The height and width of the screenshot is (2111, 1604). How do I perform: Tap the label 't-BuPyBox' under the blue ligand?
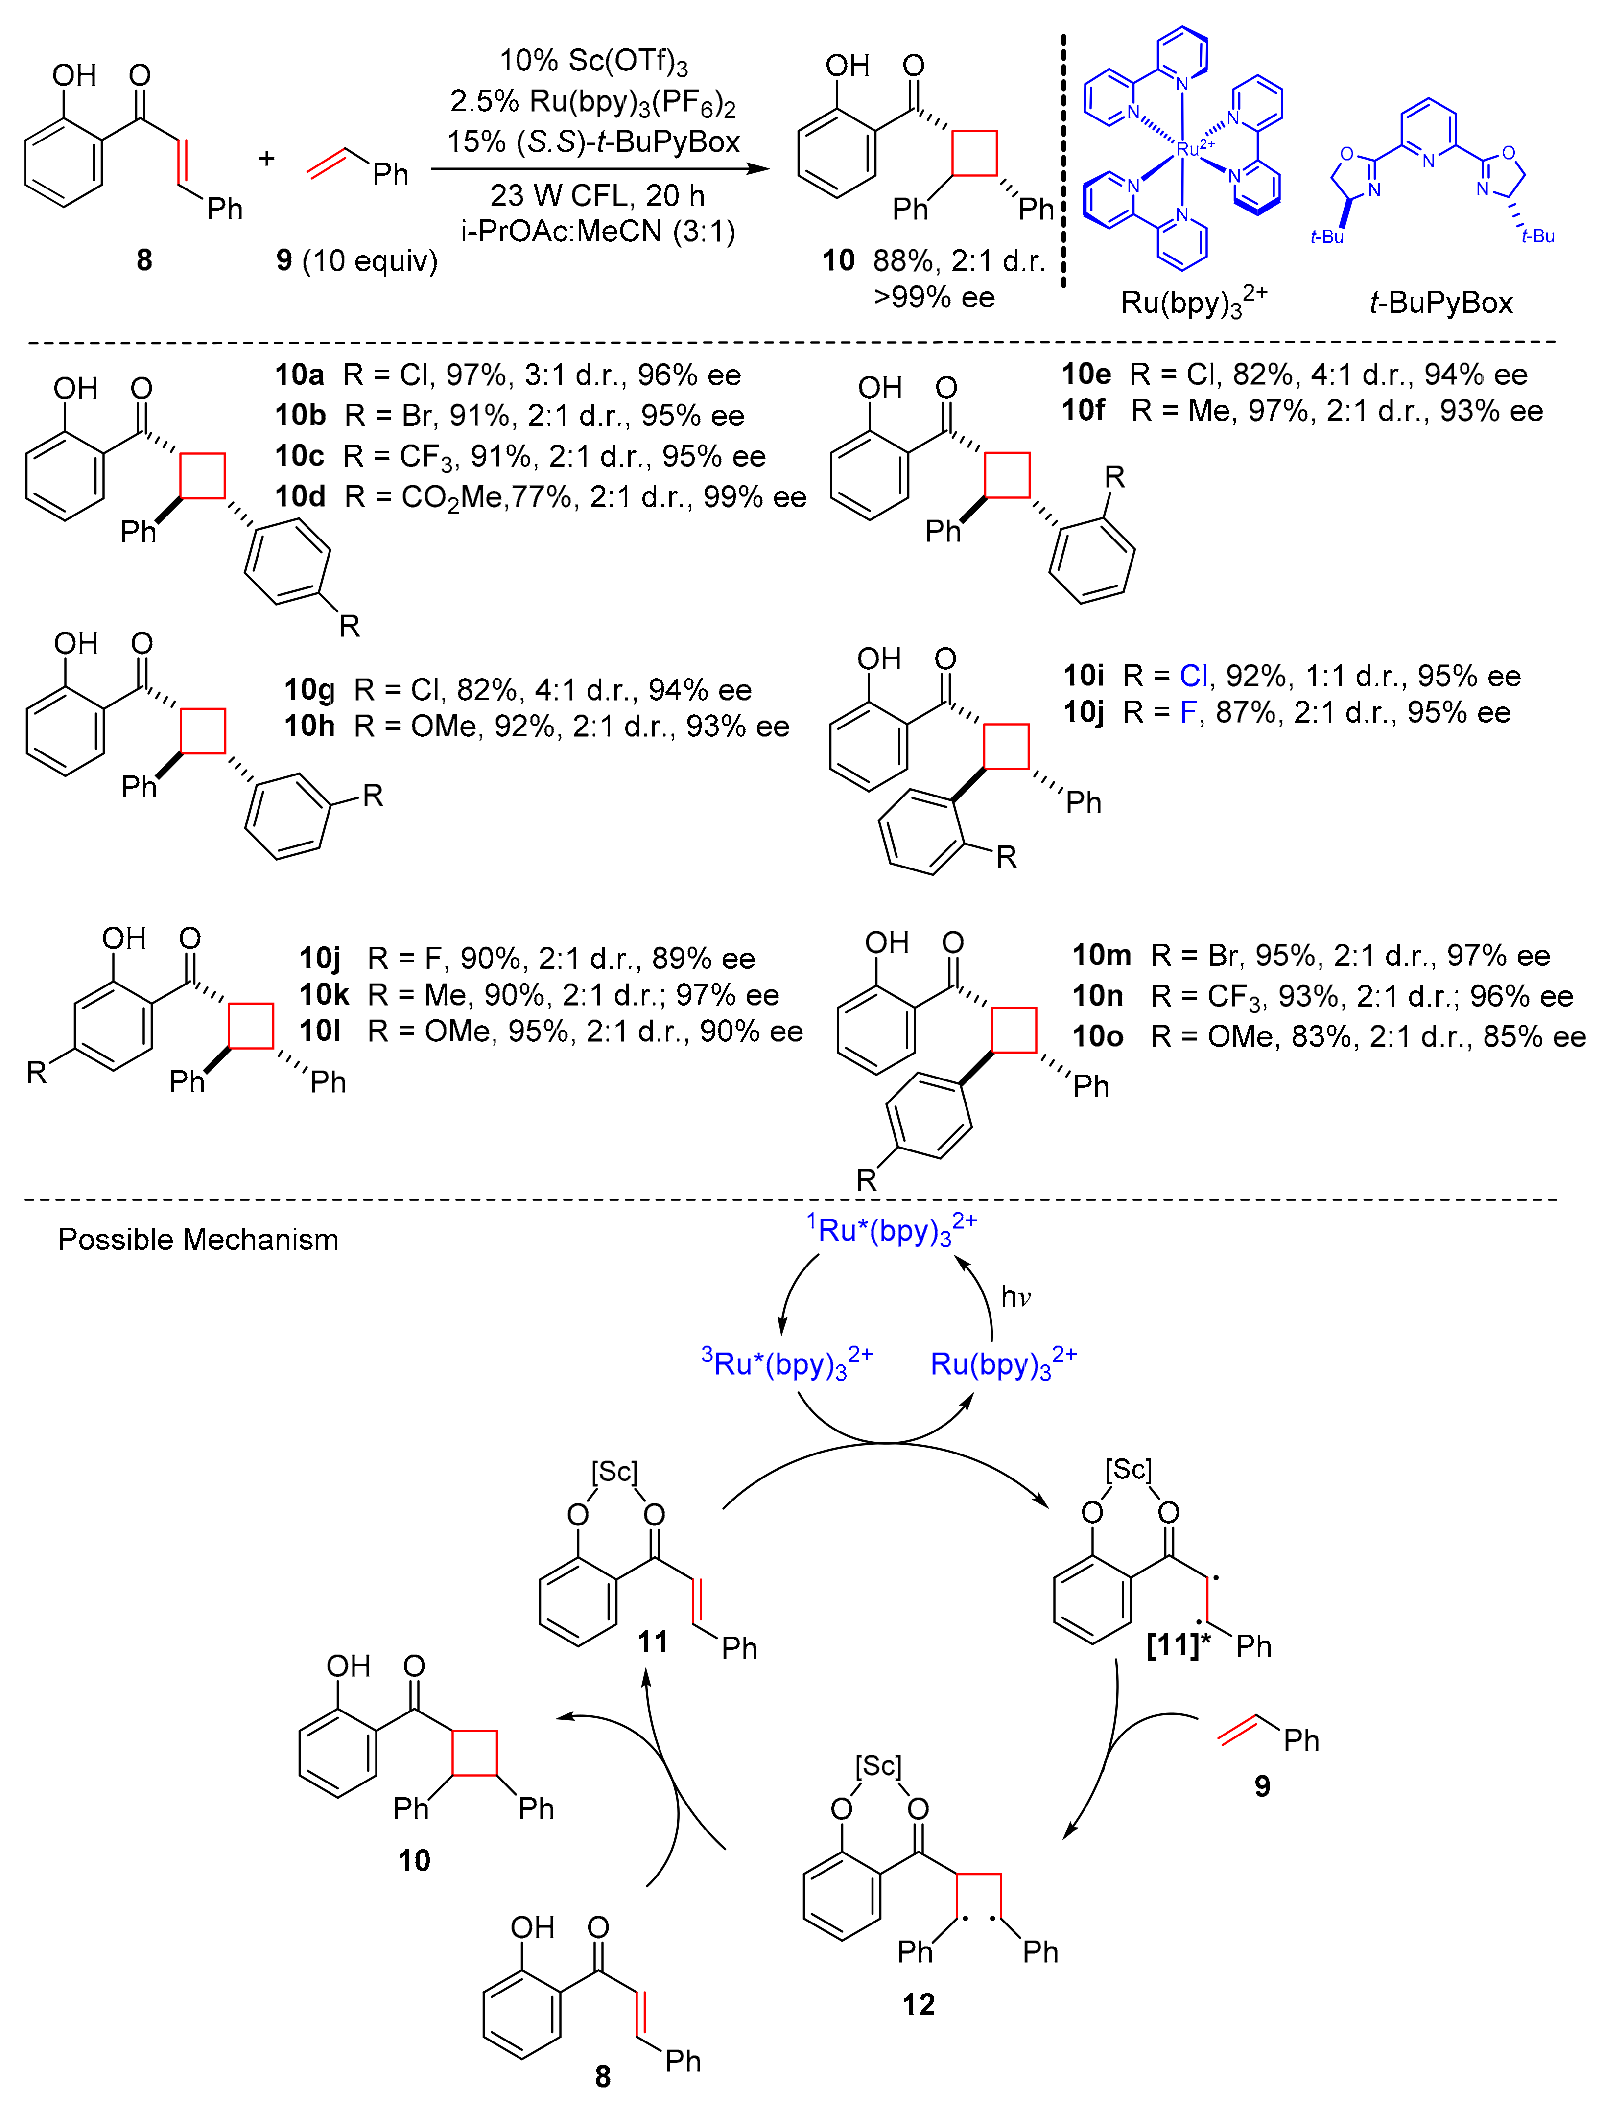pos(1441,303)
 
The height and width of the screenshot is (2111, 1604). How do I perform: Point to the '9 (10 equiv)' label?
pos(356,260)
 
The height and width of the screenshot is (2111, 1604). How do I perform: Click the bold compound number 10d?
pos(301,496)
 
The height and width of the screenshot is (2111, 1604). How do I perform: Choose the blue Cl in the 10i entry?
pos(1194,676)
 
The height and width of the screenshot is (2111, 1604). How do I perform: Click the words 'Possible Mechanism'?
pos(199,1239)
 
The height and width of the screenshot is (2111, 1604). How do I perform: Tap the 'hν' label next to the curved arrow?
pos(1016,1296)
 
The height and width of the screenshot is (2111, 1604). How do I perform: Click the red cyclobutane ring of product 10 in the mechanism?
pos(474,1752)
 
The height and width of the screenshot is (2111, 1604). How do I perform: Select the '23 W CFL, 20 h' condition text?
pos(598,196)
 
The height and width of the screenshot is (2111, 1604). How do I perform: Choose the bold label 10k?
pos(325,995)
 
